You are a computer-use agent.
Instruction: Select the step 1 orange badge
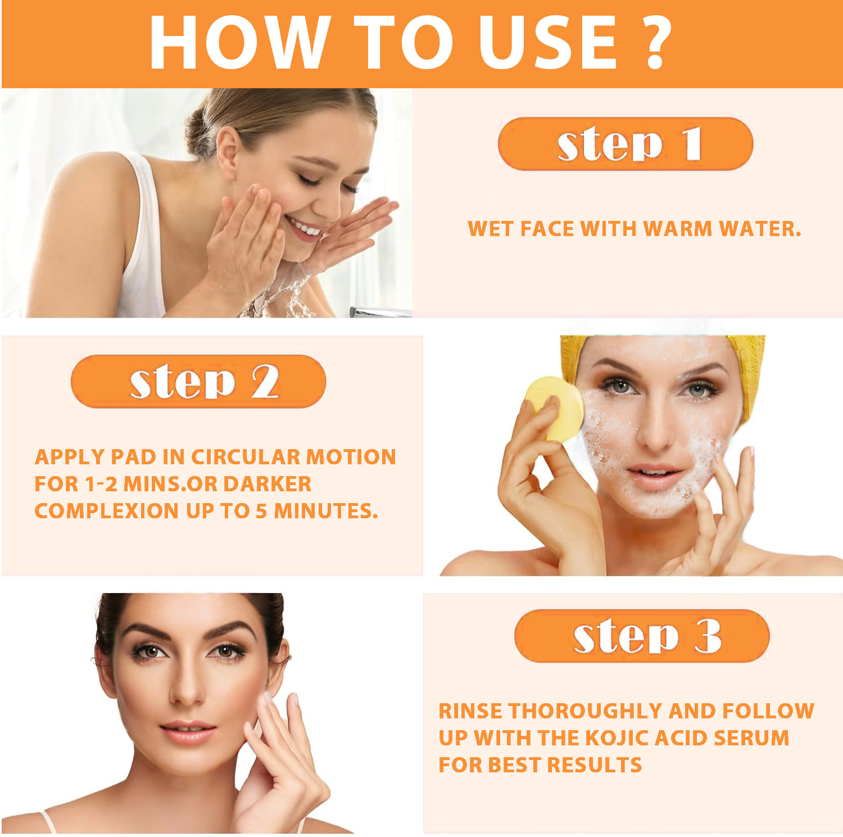click(x=625, y=144)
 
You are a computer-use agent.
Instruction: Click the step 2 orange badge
click(x=198, y=381)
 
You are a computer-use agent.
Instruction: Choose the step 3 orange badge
click(x=641, y=636)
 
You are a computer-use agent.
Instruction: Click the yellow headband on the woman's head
click(x=747, y=365)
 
